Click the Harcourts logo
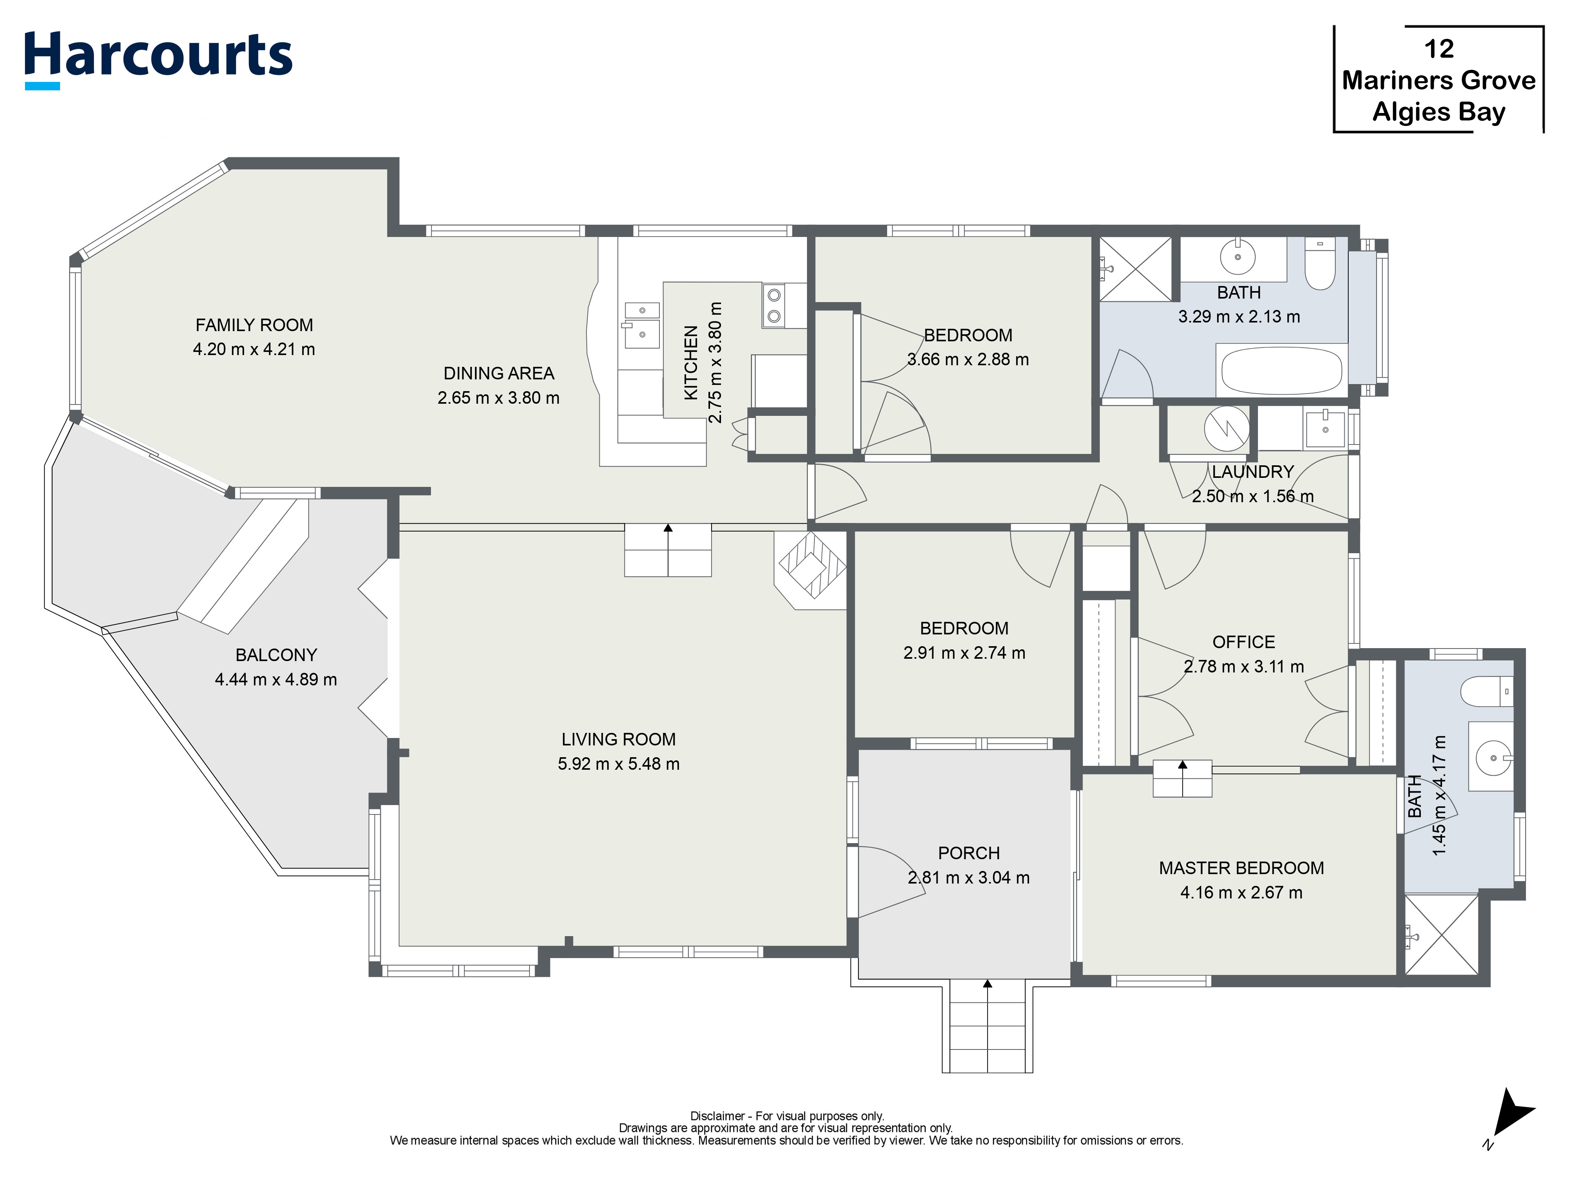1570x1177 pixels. pyautogui.click(x=158, y=57)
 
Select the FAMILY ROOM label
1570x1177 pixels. pyautogui.click(x=254, y=325)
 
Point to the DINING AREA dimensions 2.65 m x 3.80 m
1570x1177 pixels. pyautogui.click(x=498, y=398)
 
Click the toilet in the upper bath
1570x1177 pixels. pyautogui.click(x=1320, y=264)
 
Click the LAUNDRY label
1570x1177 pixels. pyautogui.click(x=1253, y=472)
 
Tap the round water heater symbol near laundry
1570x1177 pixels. pyautogui.click(x=1227, y=428)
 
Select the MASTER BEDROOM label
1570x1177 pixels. pyautogui.click(x=1241, y=868)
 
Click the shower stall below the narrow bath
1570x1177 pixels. pyautogui.click(x=1441, y=935)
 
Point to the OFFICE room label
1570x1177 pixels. pyautogui.click(x=1243, y=642)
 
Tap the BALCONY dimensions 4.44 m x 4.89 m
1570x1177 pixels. pyautogui.click(x=276, y=680)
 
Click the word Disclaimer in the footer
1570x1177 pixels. pyautogui.click(x=717, y=1116)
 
